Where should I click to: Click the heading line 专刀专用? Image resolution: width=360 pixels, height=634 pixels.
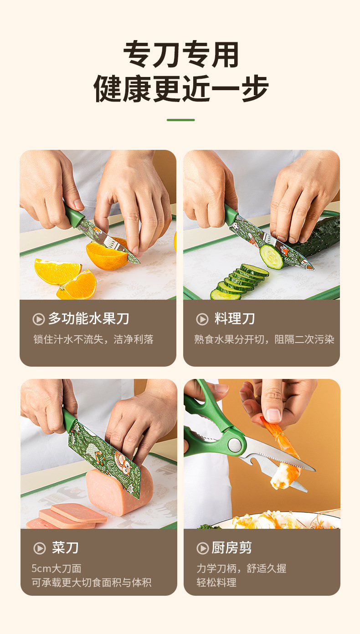click(181, 55)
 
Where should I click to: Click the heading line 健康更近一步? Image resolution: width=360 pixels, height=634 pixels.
click(181, 88)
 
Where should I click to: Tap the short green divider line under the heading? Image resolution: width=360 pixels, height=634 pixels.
click(180, 120)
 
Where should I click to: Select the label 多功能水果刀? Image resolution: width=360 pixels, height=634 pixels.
click(88, 319)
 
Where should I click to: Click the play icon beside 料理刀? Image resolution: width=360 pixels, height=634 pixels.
click(202, 319)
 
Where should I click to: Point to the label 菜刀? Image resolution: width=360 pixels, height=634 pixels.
click(65, 547)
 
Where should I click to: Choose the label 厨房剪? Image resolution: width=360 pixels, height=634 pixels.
click(231, 547)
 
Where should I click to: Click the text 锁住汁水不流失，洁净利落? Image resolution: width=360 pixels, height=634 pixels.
click(93, 339)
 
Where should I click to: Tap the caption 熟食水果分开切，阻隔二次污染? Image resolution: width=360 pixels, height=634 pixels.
click(264, 339)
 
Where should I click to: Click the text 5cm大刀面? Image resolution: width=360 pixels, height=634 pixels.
click(57, 568)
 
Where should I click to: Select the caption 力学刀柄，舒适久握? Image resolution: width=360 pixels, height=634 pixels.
click(242, 568)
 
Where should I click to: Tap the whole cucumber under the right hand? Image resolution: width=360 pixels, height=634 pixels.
click(319, 237)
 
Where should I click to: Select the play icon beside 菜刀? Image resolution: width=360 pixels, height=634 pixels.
click(39, 548)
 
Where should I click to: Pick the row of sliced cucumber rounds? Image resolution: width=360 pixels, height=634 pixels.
click(239, 280)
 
